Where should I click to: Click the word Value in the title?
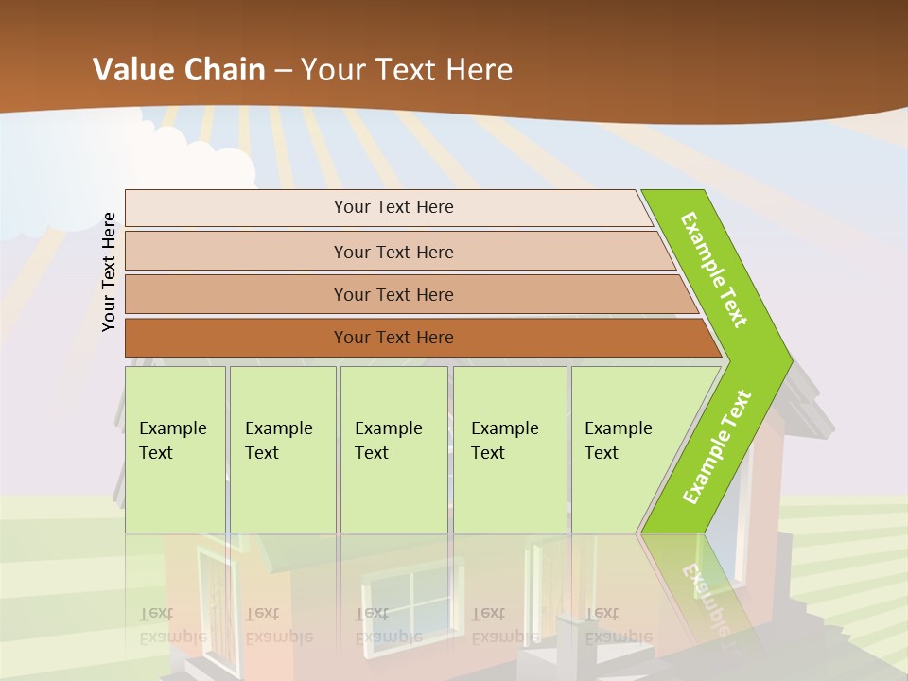[x=132, y=70]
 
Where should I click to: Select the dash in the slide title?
[x=283, y=71]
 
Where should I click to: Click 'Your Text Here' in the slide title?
[x=406, y=70]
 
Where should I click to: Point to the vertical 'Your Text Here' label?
[x=109, y=272]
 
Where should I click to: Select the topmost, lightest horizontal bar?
[x=393, y=207]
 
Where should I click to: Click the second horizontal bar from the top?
[x=393, y=252]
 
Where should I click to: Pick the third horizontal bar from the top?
[x=393, y=294]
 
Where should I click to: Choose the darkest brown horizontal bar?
[x=393, y=338]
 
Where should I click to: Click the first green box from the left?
[x=175, y=449]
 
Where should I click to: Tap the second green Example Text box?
[x=282, y=449]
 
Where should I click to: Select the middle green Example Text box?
[x=393, y=449]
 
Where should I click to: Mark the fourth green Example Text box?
[x=510, y=449]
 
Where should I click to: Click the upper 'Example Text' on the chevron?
[x=714, y=270]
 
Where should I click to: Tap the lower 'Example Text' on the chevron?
[x=717, y=447]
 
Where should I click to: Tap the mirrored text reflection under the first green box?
[x=172, y=625]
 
